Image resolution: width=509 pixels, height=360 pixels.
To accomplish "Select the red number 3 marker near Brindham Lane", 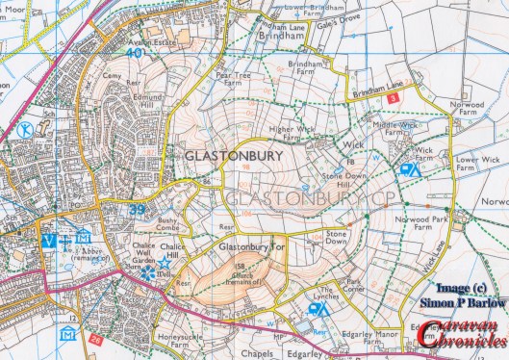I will pos(393,98).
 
